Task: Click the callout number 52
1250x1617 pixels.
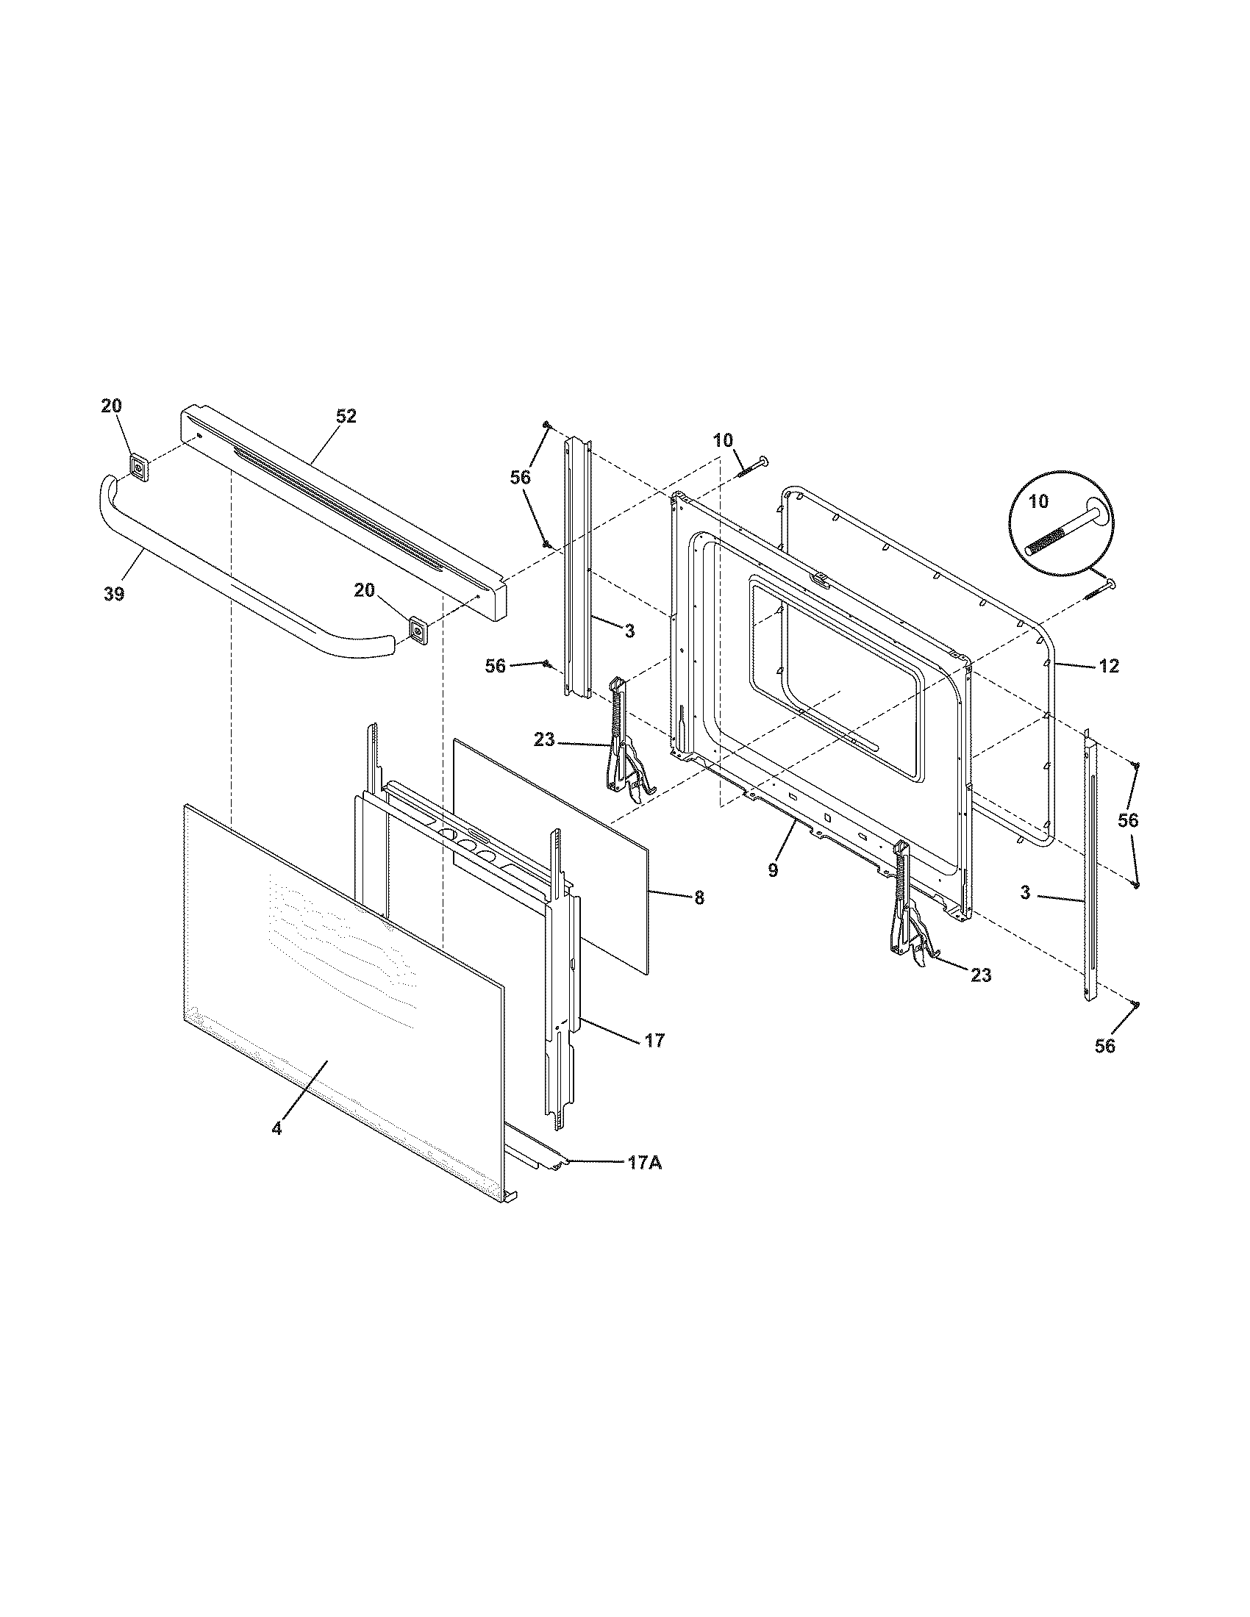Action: click(x=346, y=417)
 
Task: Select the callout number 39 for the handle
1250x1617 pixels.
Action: click(x=114, y=593)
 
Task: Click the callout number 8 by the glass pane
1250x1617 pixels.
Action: click(x=699, y=897)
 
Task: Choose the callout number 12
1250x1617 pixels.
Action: click(x=1108, y=666)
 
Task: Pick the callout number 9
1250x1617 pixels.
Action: click(x=772, y=871)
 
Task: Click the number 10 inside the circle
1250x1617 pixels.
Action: click(x=1039, y=501)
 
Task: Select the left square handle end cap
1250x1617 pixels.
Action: click(x=138, y=467)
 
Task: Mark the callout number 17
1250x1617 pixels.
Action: click(x=654, y=1040)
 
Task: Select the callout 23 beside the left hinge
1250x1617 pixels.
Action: click(x=544, y=739)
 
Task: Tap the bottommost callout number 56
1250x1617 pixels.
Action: click(x=1104, y=1045)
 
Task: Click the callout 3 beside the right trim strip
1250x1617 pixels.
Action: click(x=1024, y=893)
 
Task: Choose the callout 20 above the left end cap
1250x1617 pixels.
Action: click(x=112, y=406)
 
